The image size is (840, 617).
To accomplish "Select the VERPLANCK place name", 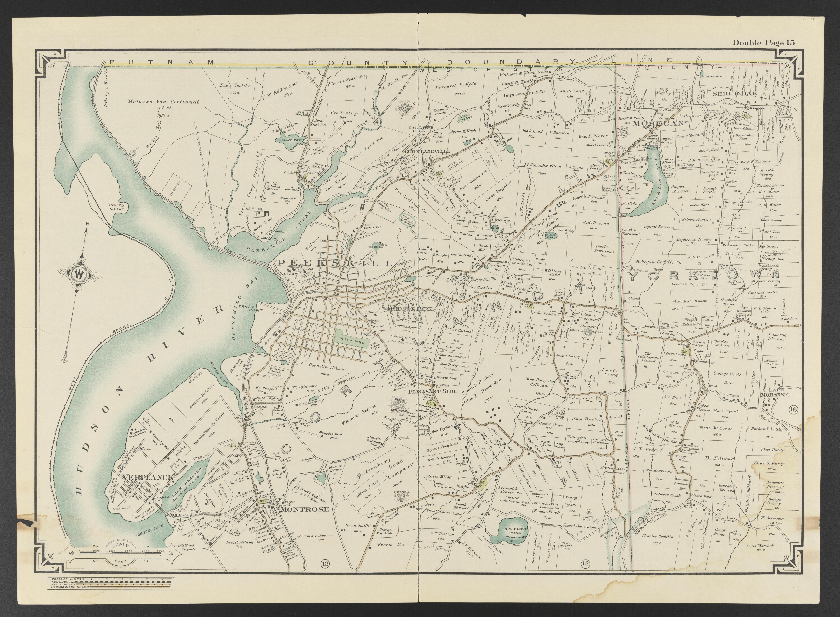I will pos(147,477).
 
